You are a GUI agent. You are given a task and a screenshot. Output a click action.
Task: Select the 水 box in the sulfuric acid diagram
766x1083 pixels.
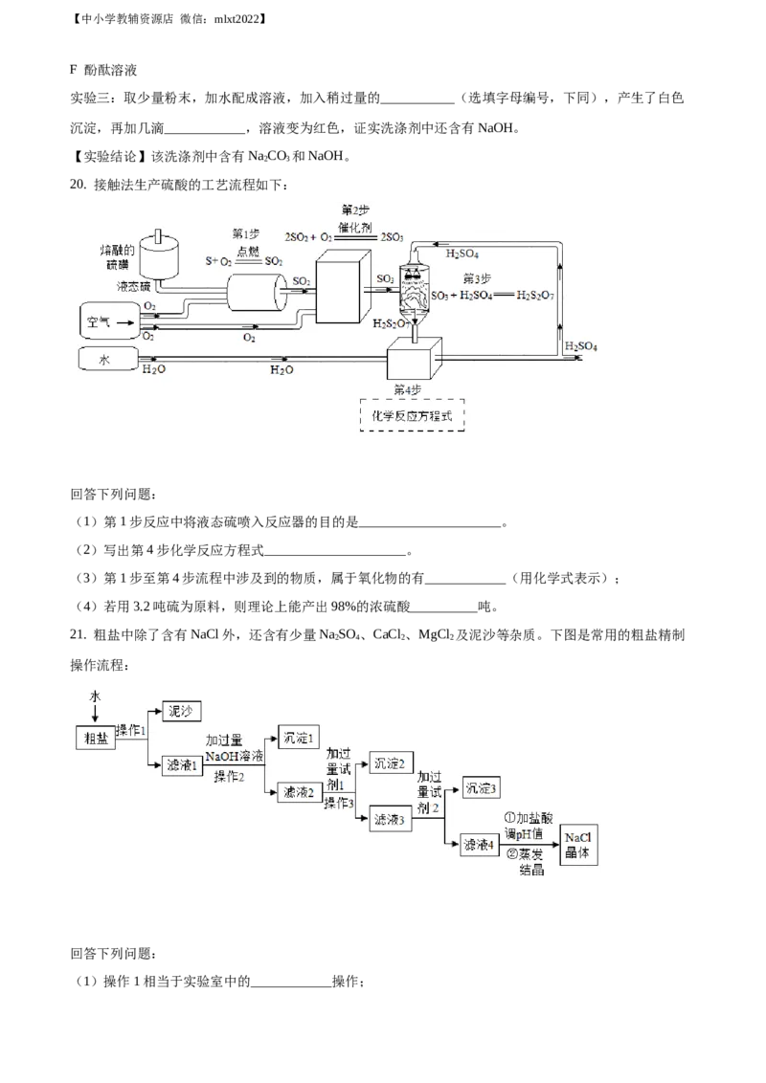tap(106, 361)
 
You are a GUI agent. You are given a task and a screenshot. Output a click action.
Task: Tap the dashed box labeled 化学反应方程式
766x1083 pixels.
tap(411, 416)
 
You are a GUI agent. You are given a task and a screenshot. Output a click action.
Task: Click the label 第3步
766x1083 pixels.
tap(476, 278)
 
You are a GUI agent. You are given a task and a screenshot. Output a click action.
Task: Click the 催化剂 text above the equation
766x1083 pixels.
tap(355, 227)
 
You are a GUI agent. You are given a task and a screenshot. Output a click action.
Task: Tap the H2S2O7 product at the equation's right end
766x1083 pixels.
tap(535, 296)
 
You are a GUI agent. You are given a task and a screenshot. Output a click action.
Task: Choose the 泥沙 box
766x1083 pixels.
tap(181, 710)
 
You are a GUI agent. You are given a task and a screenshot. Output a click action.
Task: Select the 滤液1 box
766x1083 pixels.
tap(181, 764)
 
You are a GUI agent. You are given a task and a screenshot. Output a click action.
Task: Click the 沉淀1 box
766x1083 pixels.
tap(297, 737)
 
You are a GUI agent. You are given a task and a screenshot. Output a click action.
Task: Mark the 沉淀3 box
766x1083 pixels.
tap(480, 789)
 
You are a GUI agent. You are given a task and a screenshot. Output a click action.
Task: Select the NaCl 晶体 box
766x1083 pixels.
tap(578, 844)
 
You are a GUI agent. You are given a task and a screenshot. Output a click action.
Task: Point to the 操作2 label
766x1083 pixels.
tap(230, 776)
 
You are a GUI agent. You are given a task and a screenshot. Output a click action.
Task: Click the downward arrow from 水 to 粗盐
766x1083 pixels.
tap(94, 713)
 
